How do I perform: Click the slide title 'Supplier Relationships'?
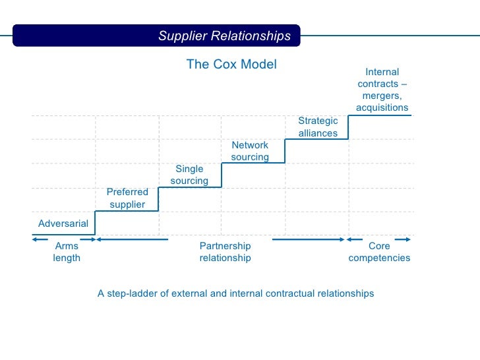(224, 36)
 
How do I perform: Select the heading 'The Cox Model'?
(231, 64)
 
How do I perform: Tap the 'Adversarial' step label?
(63, 224)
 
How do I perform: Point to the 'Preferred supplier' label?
(127, 198)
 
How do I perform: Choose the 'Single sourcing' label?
(189, 175)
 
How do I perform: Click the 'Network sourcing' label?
(250, 151)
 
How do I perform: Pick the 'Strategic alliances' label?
(318, 127)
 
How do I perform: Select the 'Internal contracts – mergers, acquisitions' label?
(382, 90)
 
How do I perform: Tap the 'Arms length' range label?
(67, 252)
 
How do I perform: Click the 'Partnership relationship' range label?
(225, 252)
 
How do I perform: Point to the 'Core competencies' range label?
(379, 252)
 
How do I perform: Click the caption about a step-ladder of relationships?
(235, 293)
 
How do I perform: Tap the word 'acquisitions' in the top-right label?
(382, 107)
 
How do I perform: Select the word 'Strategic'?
(318, 121)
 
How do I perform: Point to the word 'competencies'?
(379, 258)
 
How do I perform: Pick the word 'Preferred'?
(127, 192)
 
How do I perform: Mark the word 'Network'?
(250, 145)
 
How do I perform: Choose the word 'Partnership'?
(225, 246)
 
